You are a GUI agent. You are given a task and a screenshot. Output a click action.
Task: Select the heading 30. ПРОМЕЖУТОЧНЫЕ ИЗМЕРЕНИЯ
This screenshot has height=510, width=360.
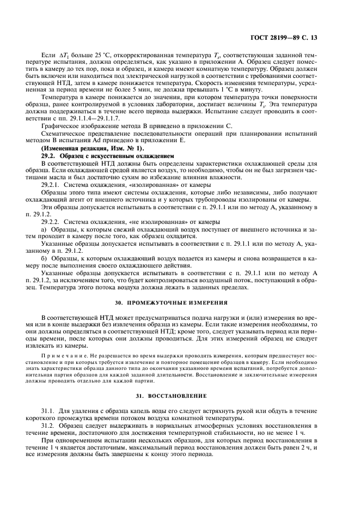point(180,302)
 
